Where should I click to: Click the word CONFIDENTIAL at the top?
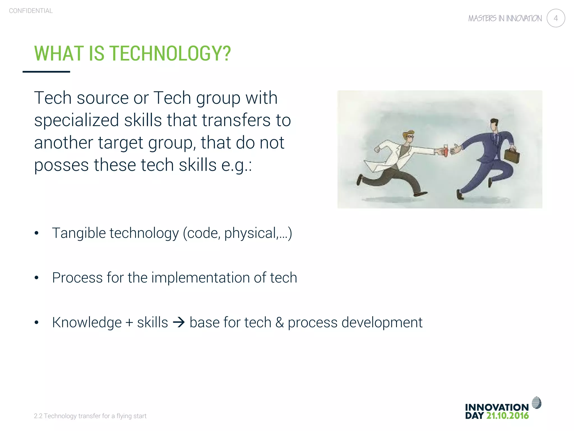pyautogui.click(x=31, y=11)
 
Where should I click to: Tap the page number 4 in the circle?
pyautogui.click(x=556, y=18)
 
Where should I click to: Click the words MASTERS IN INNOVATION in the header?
pyautogui.click(x=505, y=19)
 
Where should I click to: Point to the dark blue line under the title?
pyautogui.click(x=46, y=72)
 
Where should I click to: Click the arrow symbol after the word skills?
pyautogui.click(x=179, y=322)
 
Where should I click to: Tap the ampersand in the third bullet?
pyautogui.click(x=279, y=322)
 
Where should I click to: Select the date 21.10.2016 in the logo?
pyautogui.click(x=507, y=416)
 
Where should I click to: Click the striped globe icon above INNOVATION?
pyautogui.click(x=536, y=403)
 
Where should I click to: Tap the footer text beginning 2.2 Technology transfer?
pyautogui.click(x=90, y=416)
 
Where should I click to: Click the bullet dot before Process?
pyautogui.click(x=36, y=278)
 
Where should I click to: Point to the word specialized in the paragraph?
pyautogui.click(x=77, y=120)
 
